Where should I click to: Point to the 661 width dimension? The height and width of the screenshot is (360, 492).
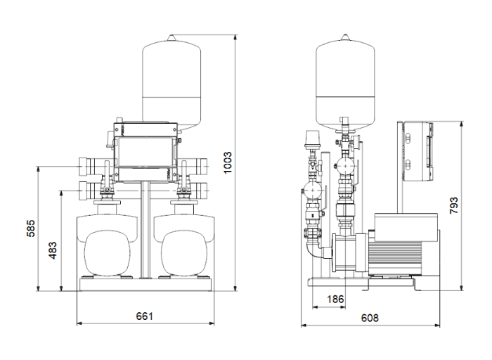tap(143, 316)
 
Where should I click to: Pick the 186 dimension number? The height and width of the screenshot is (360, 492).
tap(337, 300)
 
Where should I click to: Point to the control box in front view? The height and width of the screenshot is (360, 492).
tap(143, 153)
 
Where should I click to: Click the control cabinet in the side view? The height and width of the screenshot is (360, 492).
tap(417, 153)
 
